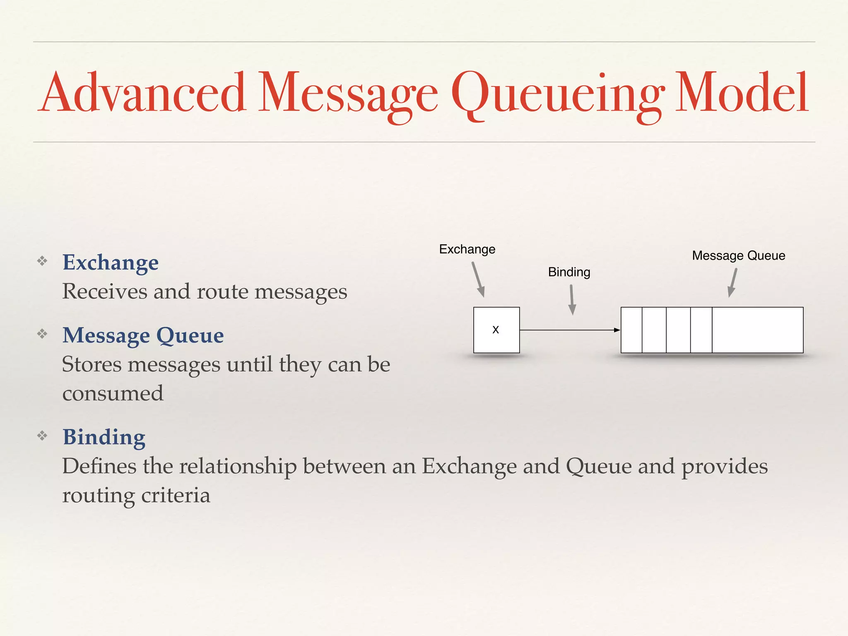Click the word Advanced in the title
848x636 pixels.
pos(143,93)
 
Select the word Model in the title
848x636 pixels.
pos(741,93)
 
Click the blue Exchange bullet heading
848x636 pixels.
pos(111,263)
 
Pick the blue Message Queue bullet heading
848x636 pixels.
pos(143,335)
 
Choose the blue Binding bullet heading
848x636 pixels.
pos(104,437)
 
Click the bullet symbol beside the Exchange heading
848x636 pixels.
pos(42,261)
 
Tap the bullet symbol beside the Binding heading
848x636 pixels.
pos(42,436)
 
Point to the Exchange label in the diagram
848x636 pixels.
pos(467,249)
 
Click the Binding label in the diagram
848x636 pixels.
pos(569,272)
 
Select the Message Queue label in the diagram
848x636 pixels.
pos(738,255)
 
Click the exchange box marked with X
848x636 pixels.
pos(496,330)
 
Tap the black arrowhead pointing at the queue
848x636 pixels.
pos(617,330)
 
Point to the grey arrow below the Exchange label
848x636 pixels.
pos(478,279)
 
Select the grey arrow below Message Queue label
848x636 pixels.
pos(733,282)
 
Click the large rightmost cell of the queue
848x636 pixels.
pos(757,330)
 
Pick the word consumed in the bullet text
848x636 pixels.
pos(113,393)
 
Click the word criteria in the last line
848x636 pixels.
pos(176,495)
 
